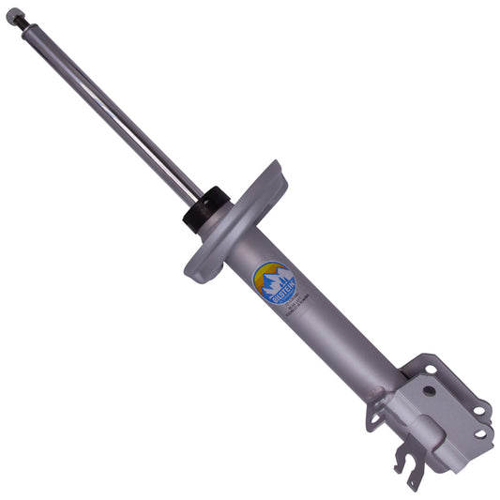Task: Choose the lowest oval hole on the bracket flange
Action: [x=480, y=432]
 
